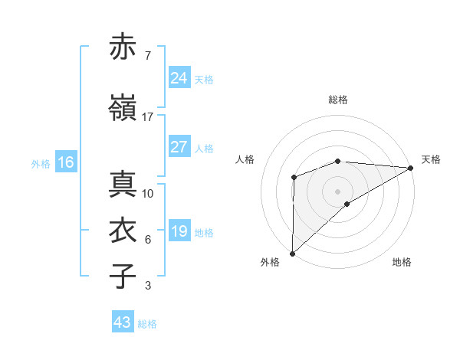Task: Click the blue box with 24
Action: coord(179,78)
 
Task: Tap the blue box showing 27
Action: coord(179,147)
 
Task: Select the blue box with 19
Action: coord(179,231)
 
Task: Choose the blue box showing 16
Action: coord(66,162)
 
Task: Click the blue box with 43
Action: coord(123,322)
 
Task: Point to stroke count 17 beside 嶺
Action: coord(148,117)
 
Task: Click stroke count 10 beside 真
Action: coord(148,194)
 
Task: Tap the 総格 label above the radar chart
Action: coord(338,100)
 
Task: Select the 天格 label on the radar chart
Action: coord(431,159)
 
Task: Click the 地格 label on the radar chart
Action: coord(402,262)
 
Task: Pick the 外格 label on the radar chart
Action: coord(271,262)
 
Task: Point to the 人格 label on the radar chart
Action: coord(245,159)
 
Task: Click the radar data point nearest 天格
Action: coord(411,168)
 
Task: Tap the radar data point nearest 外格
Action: coord(292,253)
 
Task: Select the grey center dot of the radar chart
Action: coord(337,191)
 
